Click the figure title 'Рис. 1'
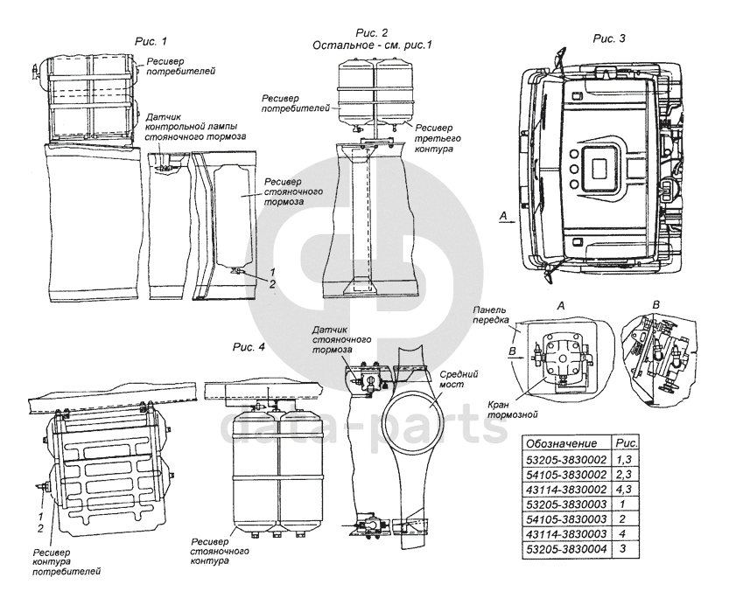151,40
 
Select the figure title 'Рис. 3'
609,38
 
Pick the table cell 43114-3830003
568,530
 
